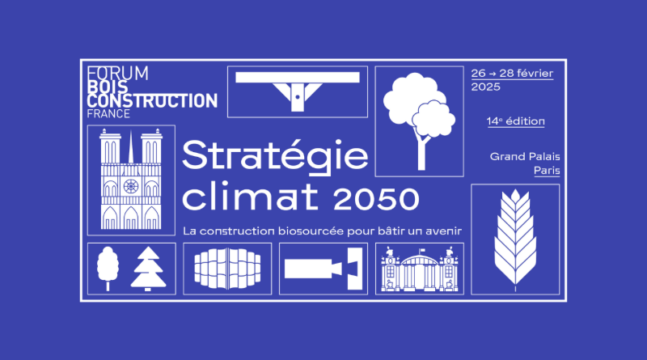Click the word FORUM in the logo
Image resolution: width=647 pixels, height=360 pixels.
coord(117,74)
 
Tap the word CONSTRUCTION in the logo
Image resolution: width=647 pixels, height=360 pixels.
coord(152,101)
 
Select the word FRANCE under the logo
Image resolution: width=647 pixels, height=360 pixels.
coord(108,113)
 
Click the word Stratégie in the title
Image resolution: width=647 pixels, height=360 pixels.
coord(275,156)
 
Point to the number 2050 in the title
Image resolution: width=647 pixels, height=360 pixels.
coord(376,199)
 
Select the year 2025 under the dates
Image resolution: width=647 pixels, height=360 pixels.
coord(486,87)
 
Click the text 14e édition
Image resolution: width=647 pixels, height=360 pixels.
coord(516,121)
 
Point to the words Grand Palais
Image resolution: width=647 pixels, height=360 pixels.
coord(525,156)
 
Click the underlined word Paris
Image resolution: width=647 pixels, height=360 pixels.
coord(547,171)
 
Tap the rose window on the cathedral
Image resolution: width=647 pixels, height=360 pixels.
coord(131,186)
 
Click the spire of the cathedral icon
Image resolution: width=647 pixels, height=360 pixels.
coord(131,147)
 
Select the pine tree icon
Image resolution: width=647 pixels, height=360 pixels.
coord(148,269)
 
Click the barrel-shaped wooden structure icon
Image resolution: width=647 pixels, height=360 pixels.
coord(227,269)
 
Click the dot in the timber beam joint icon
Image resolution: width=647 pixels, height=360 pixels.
coord(298,97)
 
